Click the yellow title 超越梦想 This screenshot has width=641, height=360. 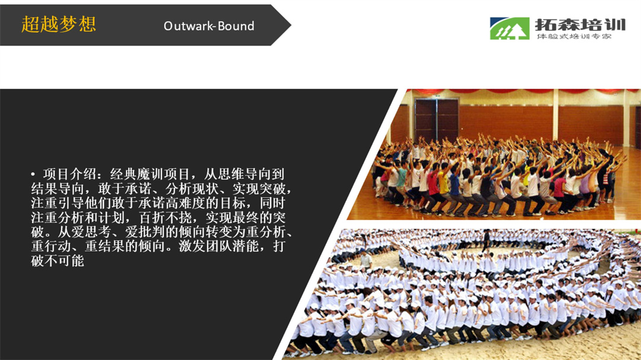pyautogui.click(x=58, y=24)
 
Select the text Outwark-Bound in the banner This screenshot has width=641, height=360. pyautogui.click(x=209, y=26)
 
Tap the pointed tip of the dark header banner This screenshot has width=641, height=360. pyautogui.click(x=291, y=25)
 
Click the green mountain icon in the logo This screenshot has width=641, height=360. pyautogui.click(x=509, y=28)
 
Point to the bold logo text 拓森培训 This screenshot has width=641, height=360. pyautogui.click(x=580, y=25)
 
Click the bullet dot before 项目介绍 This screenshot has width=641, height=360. pyautogui.click(x=33, y=174)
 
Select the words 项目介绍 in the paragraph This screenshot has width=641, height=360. pyautogui.click(x=69, y=174)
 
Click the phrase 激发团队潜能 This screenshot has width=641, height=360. pyautogui.click(x=218, y=246)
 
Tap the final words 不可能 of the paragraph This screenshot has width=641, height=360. pyautogui.click(x=64, y=260)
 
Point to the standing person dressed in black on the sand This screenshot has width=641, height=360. pyautogui.click(x=486, y=241)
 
